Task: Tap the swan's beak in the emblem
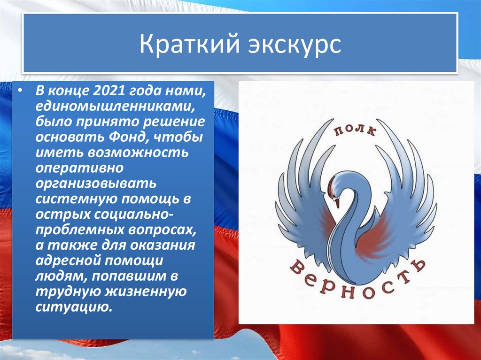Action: coord(336,202)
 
